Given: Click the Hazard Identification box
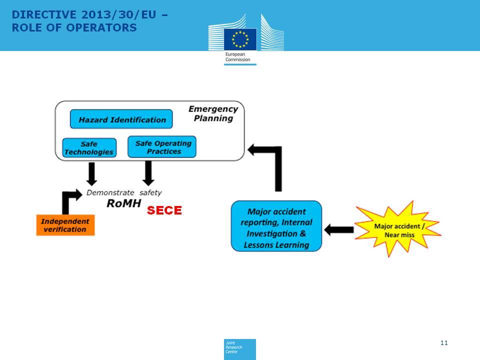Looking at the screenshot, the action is click(x=121, y=119).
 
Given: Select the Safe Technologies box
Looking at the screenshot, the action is click(x=89, y=148).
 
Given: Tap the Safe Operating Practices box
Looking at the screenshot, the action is click(x=161, y=147).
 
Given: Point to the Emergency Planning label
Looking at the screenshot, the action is click(x=213, y=113).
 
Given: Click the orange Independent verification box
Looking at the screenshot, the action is click(x=65, y=225).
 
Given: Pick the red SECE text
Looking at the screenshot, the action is click(x=164, y=210).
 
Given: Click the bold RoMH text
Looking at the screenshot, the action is click(x=123, y=203).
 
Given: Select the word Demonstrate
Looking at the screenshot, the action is click(x=110, y=192).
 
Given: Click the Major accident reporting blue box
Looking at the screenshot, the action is click(x=276, y=226).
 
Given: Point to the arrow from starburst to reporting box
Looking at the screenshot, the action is click(x=339, y=229).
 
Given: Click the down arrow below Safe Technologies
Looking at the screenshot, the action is click(x=91, y=174).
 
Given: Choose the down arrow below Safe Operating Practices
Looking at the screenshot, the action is click(x=148, y=173).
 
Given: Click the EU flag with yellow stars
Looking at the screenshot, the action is click(x=240, y=39).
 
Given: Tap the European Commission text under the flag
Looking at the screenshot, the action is click(x=237, y=57).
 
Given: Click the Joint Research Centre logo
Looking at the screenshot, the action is click(x=239, y=349).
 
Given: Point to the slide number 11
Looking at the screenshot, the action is click(x=444, y=343).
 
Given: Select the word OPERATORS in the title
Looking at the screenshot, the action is click(x=101, y=27).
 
